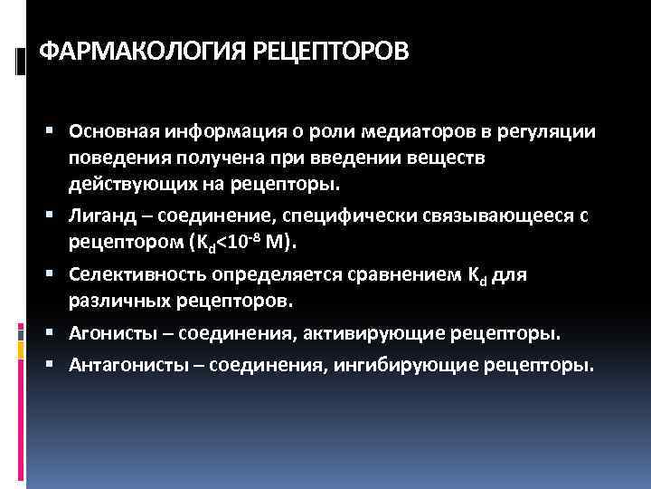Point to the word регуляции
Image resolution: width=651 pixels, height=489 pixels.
(551, 132)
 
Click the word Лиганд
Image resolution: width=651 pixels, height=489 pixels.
(97, 214)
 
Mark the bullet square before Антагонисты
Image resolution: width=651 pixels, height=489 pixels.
(57, 366)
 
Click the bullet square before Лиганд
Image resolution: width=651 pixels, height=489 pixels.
(57, 214)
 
